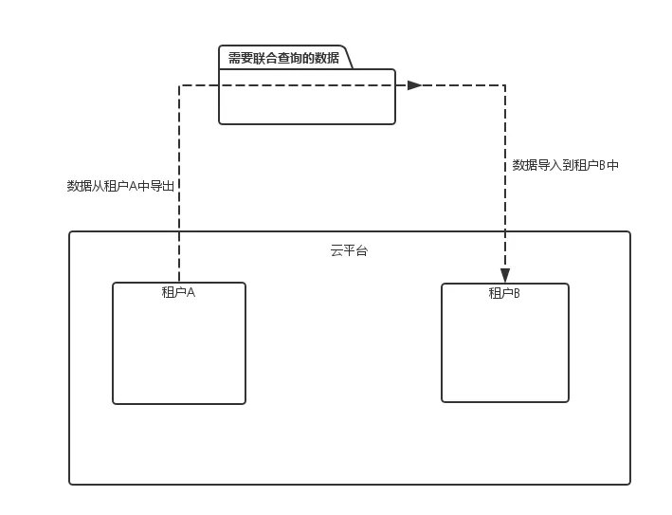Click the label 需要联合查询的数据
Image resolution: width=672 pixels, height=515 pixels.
283,58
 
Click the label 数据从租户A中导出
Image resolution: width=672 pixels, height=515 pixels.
120,186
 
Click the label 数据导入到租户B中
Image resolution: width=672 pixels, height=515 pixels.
566,165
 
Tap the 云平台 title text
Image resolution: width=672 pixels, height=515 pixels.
349,250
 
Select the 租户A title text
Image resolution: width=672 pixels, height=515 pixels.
178,292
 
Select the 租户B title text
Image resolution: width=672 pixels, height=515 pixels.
504,293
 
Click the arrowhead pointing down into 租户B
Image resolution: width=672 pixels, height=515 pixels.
505,275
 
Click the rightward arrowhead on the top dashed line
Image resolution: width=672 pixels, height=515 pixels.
414,85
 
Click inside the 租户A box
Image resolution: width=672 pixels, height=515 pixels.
178,351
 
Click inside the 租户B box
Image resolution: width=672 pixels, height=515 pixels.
504,351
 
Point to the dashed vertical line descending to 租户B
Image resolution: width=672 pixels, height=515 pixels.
505,209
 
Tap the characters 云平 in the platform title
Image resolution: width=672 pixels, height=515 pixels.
342,250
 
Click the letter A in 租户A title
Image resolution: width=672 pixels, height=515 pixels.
191,292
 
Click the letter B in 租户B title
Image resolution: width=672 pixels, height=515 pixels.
517,293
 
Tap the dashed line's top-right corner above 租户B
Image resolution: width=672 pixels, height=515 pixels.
505,85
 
